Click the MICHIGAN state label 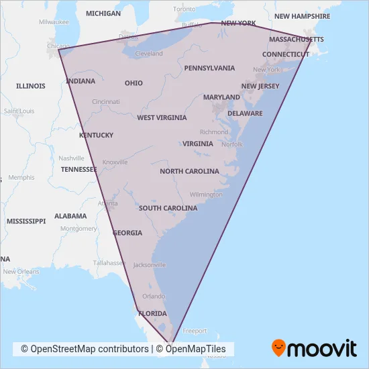tap(103, 13)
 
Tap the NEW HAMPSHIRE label tap(302, 16)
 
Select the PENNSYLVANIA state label tap(209, 68)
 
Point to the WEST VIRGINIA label tap(162, 117)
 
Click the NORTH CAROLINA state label tap(189, 171)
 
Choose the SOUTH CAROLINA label tap(168, 208)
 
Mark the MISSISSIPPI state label tap(26, 221)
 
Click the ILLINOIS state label tap(31, 86)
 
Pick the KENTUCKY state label tap(96, 135)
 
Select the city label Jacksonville tap(149, 265)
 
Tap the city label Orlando tap(154, 296)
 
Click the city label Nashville tap(71, 158)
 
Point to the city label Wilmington tap(205, 195)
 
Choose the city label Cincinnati tap(106, 102)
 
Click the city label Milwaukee tap(54, 21)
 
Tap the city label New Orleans tap(20, 272)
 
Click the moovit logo tap(313, 348)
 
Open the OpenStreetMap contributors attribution tap(85, 349)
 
